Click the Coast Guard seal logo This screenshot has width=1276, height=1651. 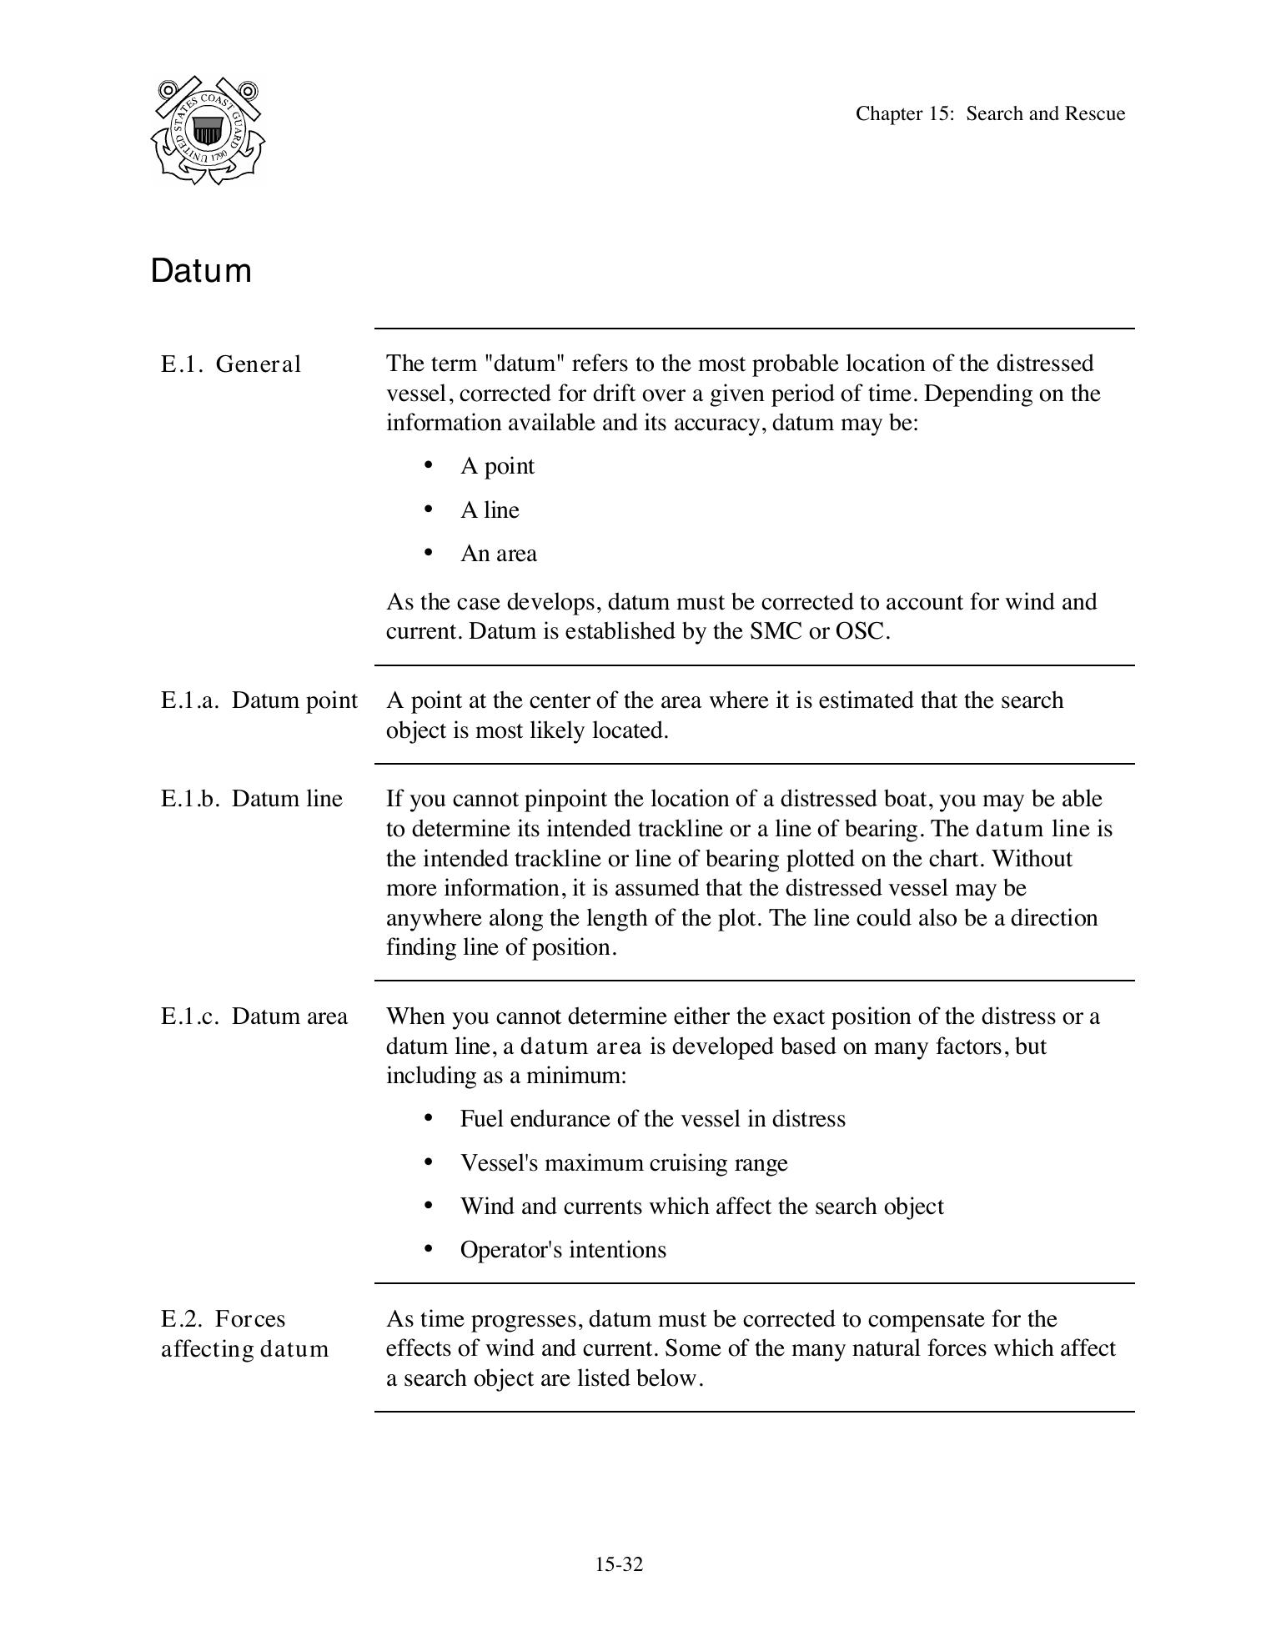[208, 130]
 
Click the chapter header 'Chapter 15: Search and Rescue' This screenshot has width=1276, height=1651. [990, 114]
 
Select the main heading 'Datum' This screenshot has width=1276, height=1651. [201, 272]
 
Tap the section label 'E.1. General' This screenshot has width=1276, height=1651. [231, 365]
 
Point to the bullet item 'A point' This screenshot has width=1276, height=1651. [497, 466]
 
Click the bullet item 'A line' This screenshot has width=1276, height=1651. [490, 510]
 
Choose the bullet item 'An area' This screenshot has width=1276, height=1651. [498, 554]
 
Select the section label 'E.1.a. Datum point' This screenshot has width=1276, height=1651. [259, 700]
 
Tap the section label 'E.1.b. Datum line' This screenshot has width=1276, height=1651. [252, 799]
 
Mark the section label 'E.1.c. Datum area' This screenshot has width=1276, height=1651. [254, 1016]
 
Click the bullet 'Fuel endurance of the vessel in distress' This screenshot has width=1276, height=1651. [652, 1119]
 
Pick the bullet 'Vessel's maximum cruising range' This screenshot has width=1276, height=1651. [623, 1163]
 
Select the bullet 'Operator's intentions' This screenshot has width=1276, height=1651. [563, 1250]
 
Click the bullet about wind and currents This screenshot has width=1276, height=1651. [701, 1207]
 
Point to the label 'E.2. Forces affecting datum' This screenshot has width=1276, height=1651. [244, 1334]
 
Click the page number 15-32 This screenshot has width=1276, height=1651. [619, 1564]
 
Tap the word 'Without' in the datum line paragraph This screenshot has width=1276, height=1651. [1031, 859]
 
